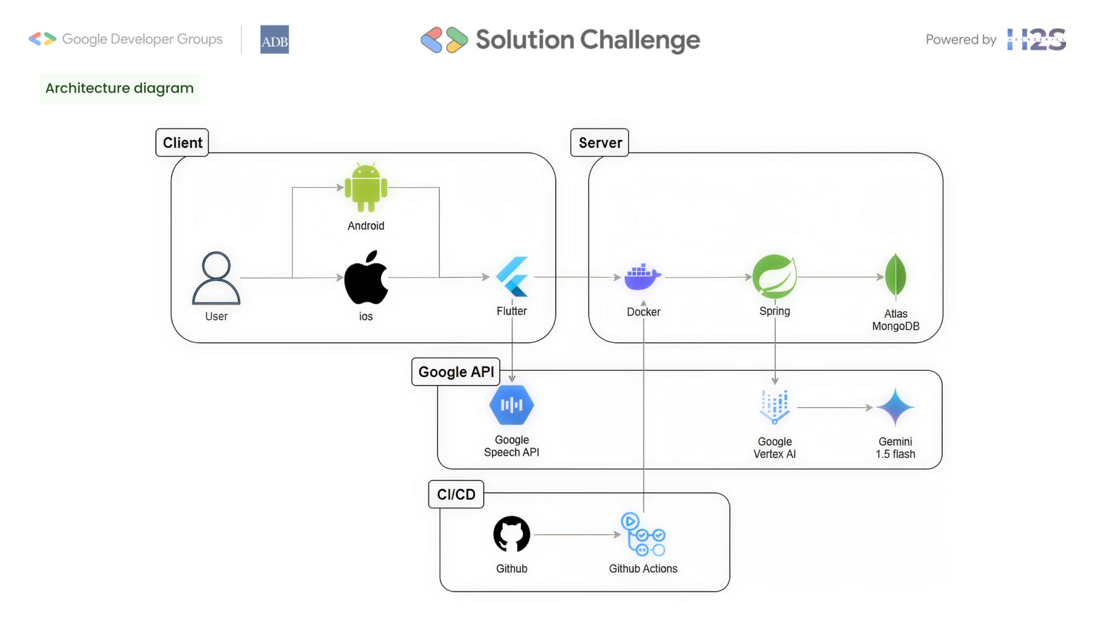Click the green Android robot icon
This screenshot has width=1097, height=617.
(366, 187)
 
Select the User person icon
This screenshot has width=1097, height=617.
(216, 278)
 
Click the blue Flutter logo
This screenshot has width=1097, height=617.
(512, 277)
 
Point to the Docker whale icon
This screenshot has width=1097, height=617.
(643, 277)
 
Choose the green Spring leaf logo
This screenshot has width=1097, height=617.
(775, 277)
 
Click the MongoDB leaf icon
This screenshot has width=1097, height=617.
(895, 276)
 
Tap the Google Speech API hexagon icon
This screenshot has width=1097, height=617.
(512, 405)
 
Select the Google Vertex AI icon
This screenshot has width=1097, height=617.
(775, 407)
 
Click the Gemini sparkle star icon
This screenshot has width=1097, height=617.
(895, 407)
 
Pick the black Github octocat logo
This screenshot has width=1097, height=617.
(512, 534)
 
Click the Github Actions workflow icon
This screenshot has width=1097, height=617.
(643, 534)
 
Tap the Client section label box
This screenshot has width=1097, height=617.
(182, 143)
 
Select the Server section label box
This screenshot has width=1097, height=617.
(600, 143)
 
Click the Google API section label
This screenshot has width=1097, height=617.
(456, 372)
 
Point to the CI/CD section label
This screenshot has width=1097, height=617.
(456, 495)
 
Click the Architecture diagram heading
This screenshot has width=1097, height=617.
(119, 88)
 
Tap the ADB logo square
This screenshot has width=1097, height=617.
(274, 39)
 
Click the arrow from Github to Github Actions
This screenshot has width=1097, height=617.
(578, 535)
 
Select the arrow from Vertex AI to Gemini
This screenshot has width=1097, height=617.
(835, 407)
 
